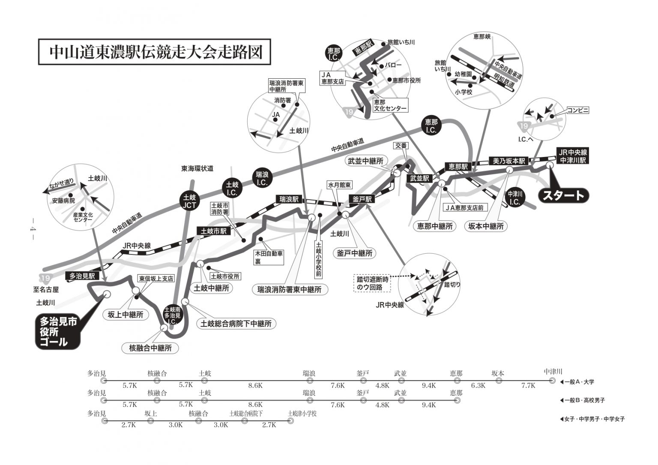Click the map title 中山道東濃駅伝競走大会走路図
coord(155,52)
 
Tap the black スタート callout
coord(564,195)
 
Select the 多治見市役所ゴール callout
coord(57,332)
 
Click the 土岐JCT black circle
coord(189,201)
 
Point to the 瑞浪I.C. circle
coord(262,178)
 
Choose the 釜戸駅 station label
coord(362,199)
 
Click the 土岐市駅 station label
coord(214,231)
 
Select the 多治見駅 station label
coord(82,276)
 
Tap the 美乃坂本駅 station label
coord(509,161)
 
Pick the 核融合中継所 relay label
coord(150,348)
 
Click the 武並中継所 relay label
coord(365,161)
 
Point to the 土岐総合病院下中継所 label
coord(236,323)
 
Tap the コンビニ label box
coord(578,110)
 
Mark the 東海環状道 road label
coord(197,169)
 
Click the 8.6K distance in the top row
coord(255,385)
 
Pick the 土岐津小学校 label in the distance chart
coord(302,414)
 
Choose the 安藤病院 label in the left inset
coord(63,201)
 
